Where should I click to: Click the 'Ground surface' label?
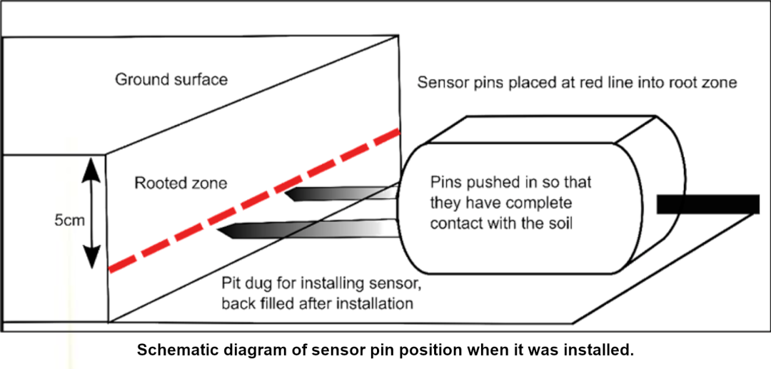click(171, 80)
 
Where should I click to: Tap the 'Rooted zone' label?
click(181, 183)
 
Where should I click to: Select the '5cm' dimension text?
click(69, 221)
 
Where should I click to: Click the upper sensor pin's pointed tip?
click(286, 193)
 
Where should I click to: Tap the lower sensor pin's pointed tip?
click(217, 229)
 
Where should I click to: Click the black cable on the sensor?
click(707, 204)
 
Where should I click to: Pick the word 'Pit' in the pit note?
click(231, 284)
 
